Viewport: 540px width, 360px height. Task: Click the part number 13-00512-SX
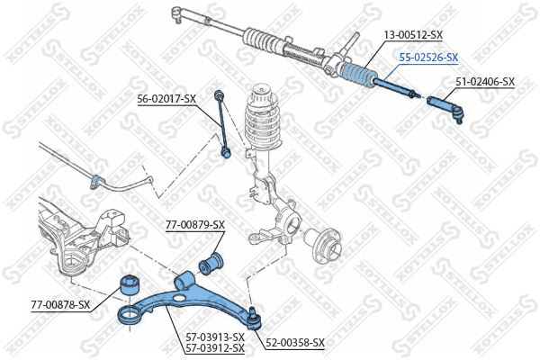(413, 35)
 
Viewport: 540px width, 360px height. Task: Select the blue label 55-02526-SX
(428, 58)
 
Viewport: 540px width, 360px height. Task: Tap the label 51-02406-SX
(485, 82)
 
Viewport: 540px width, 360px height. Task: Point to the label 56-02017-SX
(166, 99)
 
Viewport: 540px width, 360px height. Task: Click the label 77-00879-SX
(195, 225)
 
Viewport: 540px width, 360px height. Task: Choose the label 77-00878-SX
(60, 305)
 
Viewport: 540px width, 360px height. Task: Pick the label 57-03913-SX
(215, 337)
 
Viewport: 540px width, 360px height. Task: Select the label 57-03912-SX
(215, 347)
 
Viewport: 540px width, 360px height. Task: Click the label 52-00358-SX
(295, 342)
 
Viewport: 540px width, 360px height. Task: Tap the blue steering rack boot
(359, 76)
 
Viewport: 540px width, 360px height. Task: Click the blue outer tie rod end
(445, 109)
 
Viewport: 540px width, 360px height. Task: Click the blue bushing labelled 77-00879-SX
(211, 264)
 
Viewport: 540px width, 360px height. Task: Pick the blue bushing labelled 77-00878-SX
(130, 285)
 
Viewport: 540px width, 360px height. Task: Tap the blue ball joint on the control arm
(255, 319)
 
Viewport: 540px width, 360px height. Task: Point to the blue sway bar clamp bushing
(96, 182)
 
